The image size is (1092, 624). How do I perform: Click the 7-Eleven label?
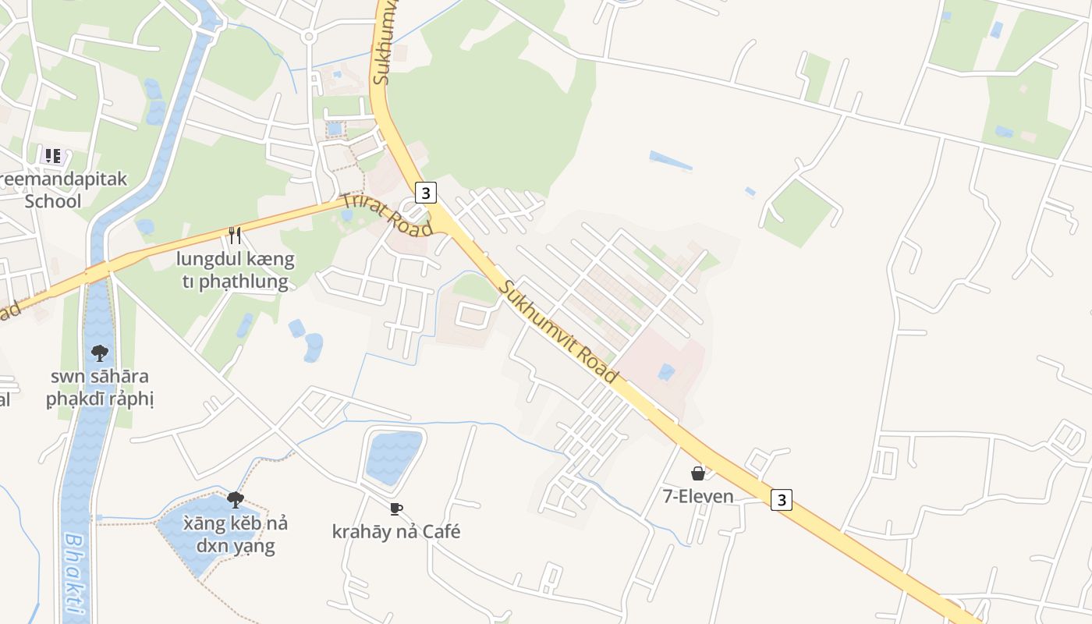(x=698, y=496)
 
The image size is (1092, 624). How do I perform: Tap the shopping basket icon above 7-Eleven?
(x=698, y=473)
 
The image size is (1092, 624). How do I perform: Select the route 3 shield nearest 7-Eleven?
(x=782, y=499)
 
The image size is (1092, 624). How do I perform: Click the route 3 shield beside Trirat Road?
(x=424, y=193)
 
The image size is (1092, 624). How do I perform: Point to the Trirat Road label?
(x=386, y=214)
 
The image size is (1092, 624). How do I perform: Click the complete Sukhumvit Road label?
(x=558, y=331)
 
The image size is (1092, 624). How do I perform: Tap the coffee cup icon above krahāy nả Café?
(x=396, y=509)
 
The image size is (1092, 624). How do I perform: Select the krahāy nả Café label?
(x=396, y=532)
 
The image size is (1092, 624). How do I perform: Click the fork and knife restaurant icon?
(x=235, y=235)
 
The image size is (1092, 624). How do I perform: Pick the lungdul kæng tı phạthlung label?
(x=235, y=270)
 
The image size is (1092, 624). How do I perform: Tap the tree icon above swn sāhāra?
(x=100, y=353)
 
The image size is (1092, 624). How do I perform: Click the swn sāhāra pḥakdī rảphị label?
(x=100, y=388)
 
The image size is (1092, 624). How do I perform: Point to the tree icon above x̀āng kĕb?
(x=235, y=500)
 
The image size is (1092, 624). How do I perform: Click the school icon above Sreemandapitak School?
(x=52, y=156)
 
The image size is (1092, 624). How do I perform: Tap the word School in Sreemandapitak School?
(x=52, y=201)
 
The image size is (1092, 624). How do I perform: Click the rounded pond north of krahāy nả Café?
(x=394, y=456)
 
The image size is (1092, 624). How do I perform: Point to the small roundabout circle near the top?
(x=309, y=36)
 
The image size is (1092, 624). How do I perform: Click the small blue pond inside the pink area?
(x=665, y=372)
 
